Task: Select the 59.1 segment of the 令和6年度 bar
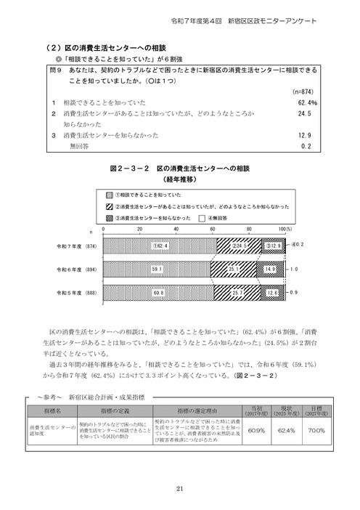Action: click(x=156, y=269)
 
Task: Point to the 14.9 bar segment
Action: click(x=269, y=269)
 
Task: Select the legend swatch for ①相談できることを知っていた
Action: click(x=111, y=195)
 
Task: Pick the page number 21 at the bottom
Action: click(x=179, y=487)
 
